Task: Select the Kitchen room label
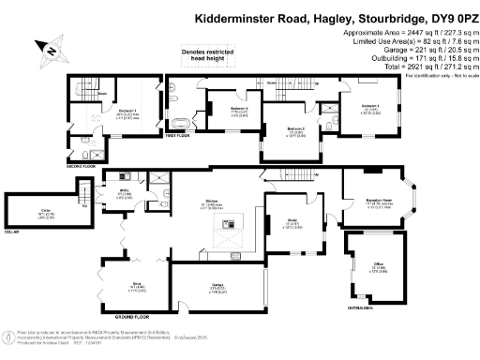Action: pyautogui.click(x=212, y=201)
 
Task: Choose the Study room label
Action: pyautogui.click(x=292, y=223)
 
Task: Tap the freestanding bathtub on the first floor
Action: pyautogui.click(x=180, y=122)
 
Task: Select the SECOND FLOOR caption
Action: pyautogui.click(x=82, y=166)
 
